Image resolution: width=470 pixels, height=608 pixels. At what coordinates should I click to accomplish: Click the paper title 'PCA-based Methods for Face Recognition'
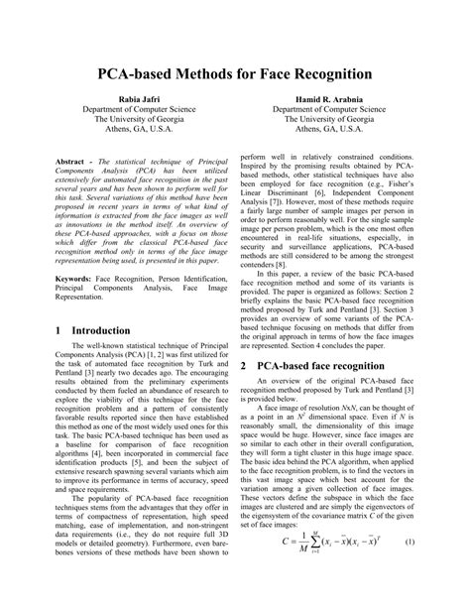tap(234, 73)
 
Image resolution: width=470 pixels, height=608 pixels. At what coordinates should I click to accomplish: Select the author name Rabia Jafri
tap(129, 101)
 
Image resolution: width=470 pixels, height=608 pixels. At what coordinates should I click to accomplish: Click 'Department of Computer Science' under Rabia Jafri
tap(129, 114)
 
